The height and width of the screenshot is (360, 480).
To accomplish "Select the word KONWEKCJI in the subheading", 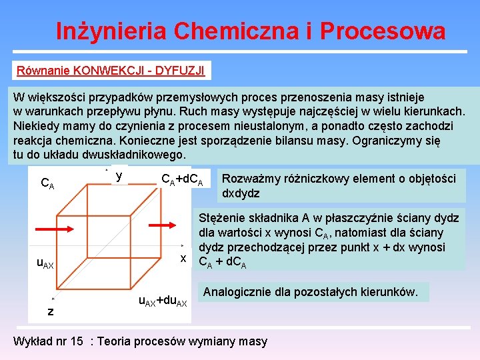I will tap(103, 69).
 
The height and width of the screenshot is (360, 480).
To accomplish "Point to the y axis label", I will tap(119, 175).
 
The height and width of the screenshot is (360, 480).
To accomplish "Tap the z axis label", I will tap(50, 312).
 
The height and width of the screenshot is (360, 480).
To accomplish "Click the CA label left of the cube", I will tap(47, 182).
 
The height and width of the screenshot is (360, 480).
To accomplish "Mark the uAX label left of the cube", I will tap(45, 265).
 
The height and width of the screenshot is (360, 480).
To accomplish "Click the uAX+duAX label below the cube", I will tap(163, 301).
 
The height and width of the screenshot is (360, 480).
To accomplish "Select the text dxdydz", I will tap(241, 193).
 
